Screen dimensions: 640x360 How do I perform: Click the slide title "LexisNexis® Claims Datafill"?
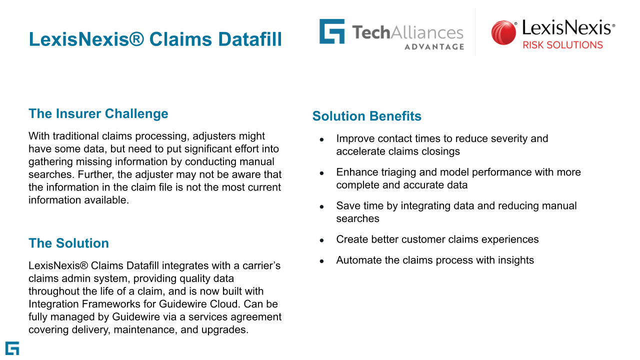click(155, 39)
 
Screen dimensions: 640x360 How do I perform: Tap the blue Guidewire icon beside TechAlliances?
click(331, 31)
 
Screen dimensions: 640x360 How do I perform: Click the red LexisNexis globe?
click(503, 32)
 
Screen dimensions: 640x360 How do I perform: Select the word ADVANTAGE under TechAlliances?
click(434, 47)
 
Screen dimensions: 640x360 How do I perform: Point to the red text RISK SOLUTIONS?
click(562, 45)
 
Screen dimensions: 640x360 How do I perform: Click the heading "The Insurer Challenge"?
click(98, 113)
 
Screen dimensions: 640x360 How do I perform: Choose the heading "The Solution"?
click(69, 243)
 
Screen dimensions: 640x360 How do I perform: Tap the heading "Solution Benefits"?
click(367, 116)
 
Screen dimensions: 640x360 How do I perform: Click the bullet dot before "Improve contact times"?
click(321, 139)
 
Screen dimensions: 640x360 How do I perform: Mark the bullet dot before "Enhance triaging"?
click(321, 173)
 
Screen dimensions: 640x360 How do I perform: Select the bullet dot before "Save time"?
click(321, 207)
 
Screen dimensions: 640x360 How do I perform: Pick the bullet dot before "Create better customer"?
click(321, 240)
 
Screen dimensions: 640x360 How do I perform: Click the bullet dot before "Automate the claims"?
click(321, 261)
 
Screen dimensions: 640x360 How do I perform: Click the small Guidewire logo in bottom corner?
click(12, 348)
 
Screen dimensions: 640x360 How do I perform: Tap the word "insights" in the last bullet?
click(516, 260)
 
